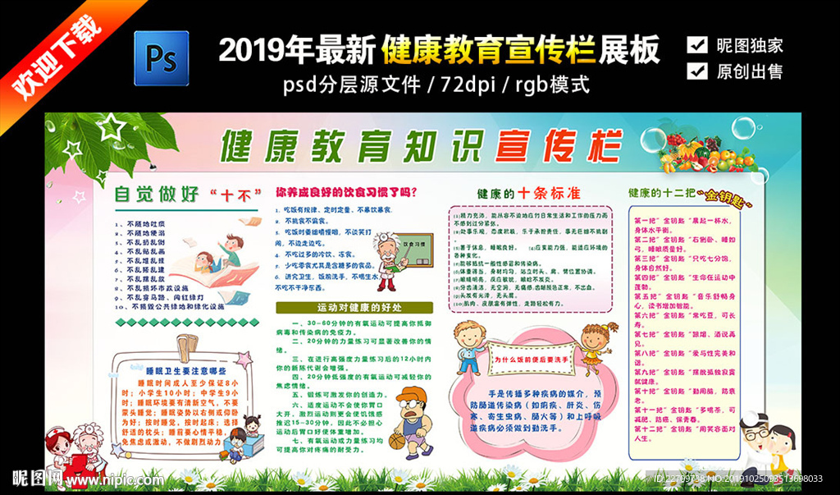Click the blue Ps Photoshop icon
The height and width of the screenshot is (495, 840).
coord(162,59)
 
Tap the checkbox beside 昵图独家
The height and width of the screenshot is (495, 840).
coord(697,44)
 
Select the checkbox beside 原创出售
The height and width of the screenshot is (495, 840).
coord(697,71)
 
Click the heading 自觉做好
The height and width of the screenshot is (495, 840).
coord(157,195)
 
